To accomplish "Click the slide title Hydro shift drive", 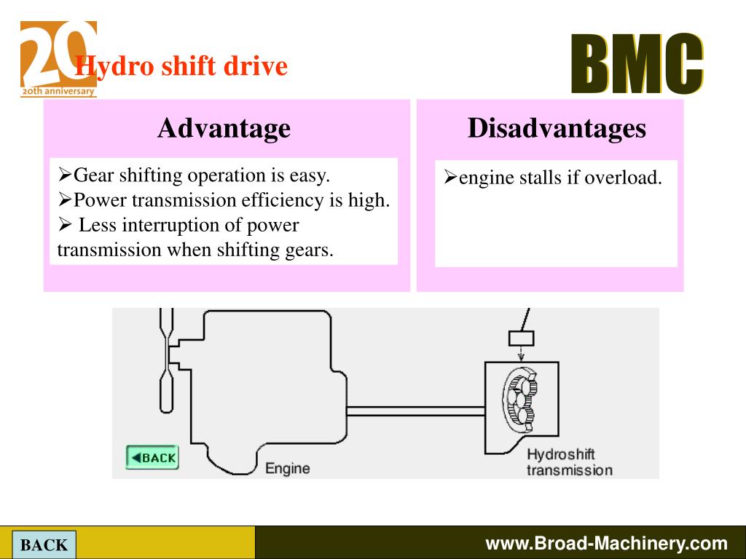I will pyautogui.click(x=181, y=67).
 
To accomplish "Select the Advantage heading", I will pyautogui.click(x=224, y=128).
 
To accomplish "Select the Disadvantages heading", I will pyautogui.click(x=557, y=128).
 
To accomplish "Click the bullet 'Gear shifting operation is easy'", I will pyautogui.click(x=195, y=175).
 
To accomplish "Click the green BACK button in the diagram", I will pyautogui.click(x=152, y=458).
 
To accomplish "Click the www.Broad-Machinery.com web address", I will pyautogui.click(x=606, y=543).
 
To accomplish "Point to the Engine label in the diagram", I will pyautogui.click(x=287, y=468).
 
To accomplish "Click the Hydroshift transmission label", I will pyautogui.click(x=569, y=462).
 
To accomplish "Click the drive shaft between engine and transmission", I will pyautogui.click(x=415, y=411).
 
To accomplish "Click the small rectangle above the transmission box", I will pyautogui.click(x=521, y=338).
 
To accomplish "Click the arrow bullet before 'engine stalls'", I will pyautogui.click(x=450, y=178).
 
